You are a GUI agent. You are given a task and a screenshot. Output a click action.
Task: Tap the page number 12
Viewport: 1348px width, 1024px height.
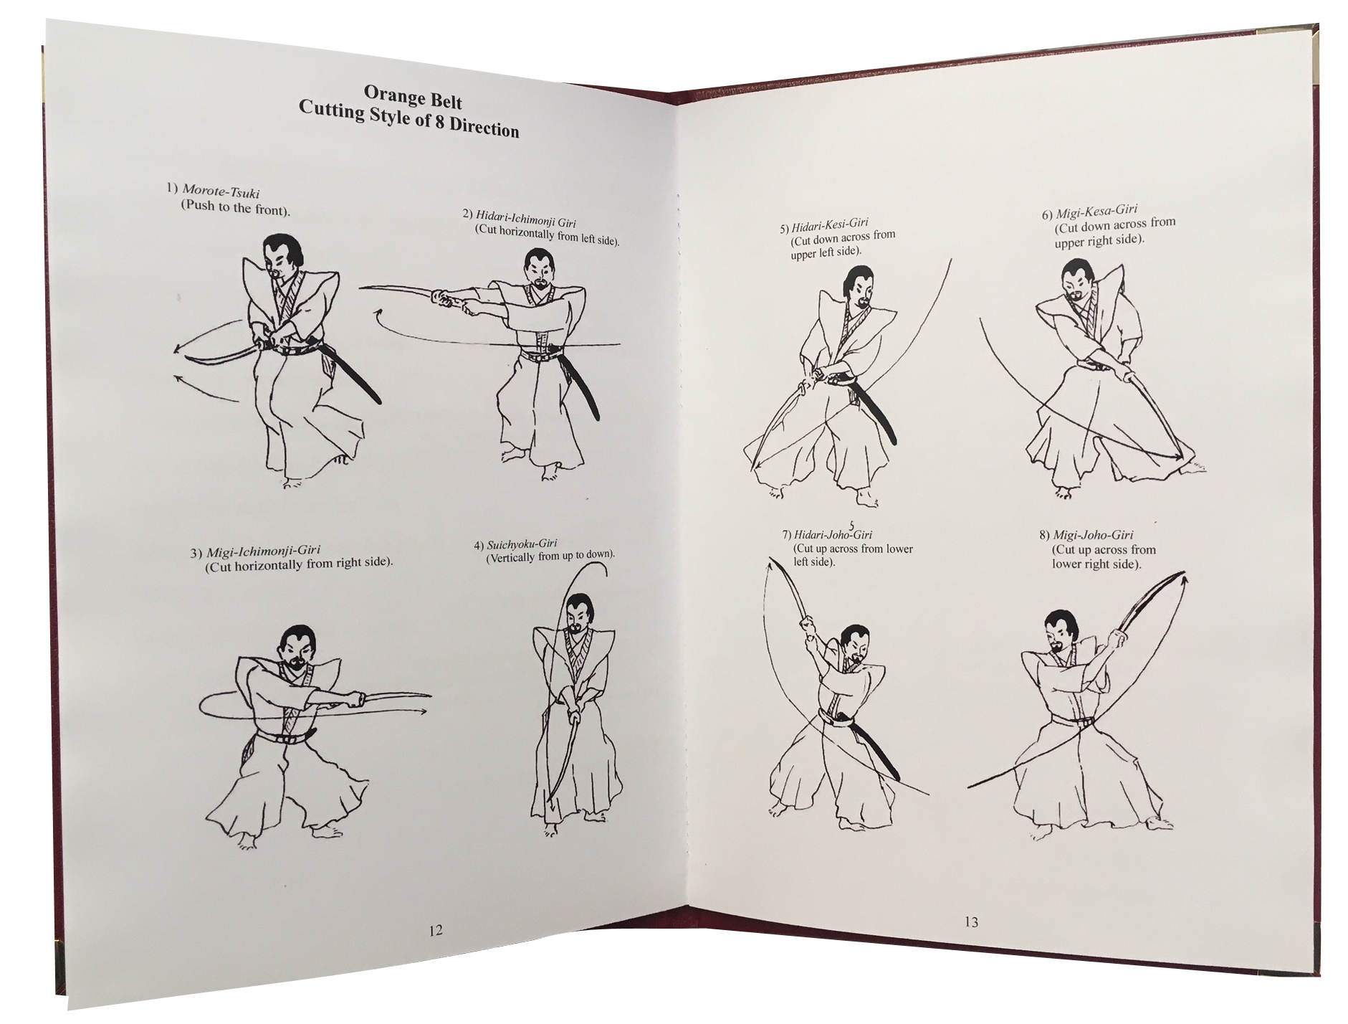tap(435, 931)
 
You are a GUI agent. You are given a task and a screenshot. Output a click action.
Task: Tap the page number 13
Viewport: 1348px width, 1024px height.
tap(971, 922)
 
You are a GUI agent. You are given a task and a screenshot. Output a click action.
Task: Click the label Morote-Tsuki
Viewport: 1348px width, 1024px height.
tap(220, 191)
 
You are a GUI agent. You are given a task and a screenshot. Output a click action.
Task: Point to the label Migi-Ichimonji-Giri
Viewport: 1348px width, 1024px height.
tap(263, 551)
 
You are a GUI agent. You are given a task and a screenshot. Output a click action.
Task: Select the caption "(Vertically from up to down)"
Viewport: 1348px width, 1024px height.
tap(551, 556)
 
